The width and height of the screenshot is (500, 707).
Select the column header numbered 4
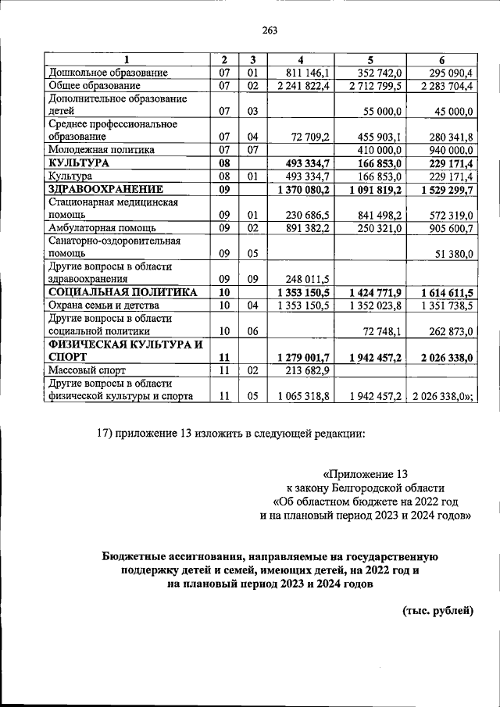301,60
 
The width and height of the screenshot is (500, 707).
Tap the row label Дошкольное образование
109,73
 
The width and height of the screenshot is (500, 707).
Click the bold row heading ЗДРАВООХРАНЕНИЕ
105,188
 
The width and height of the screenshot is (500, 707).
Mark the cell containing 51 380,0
451,253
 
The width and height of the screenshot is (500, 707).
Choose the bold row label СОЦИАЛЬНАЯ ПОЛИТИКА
112,291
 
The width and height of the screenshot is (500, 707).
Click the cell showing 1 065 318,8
304,396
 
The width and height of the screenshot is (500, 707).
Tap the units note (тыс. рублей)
437,611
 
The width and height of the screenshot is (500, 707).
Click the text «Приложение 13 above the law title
365,473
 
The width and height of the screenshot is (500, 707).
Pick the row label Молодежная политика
102,149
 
